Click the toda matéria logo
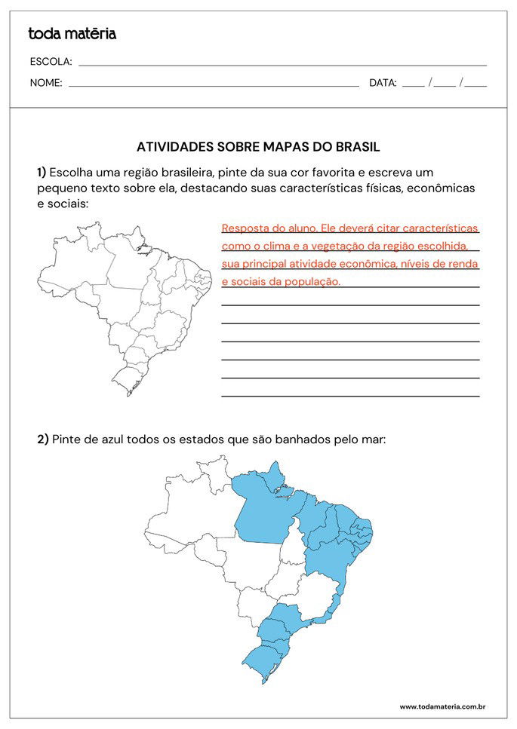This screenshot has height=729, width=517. coord(72,33)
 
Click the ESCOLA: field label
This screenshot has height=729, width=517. coord(51,62)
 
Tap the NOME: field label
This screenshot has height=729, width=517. coord(46,83)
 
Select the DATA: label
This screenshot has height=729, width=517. coord(383,83)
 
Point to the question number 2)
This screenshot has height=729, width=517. coord(43,439)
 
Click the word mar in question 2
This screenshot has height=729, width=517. coord(374,439)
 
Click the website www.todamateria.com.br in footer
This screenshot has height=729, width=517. coord(442,706)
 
